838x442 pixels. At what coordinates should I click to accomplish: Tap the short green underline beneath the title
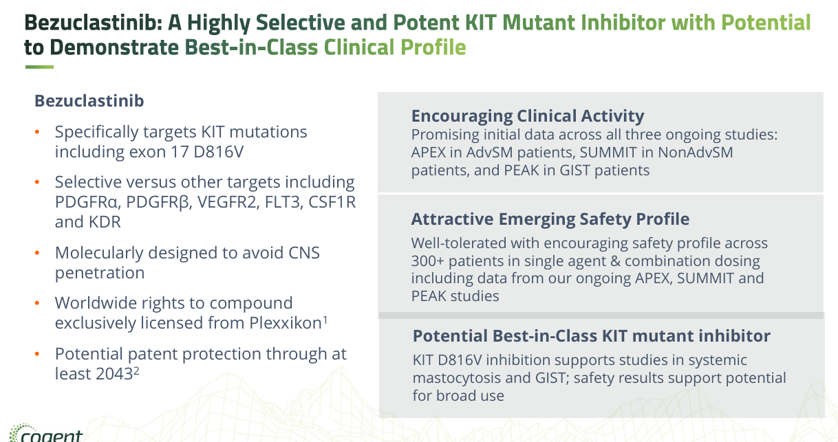pyautogui.click(x=39, y=67)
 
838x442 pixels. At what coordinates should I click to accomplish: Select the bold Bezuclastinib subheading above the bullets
pyautogui.click(x=89, y=101)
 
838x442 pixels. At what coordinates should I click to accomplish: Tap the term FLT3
pyautogui.click(x=279, y=203)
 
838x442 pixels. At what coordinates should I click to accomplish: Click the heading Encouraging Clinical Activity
pyautogui.click(x=527, y=115)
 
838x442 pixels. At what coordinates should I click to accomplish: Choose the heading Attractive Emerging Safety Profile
pyautogui.click(x=550, y=219)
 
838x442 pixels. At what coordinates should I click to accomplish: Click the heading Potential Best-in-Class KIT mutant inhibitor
pyautogui.click(x=591, y=336)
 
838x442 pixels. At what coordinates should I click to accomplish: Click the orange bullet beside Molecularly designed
pyautogui.click(x=39, y=254)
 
